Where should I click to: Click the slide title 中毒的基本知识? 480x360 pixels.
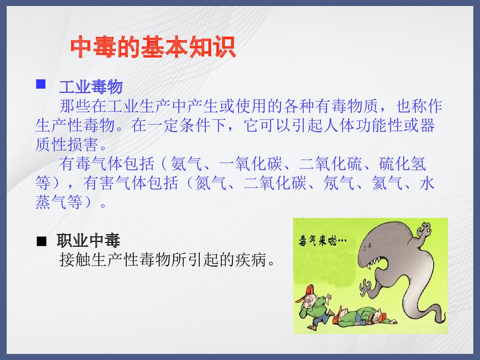click(x=153, y=48)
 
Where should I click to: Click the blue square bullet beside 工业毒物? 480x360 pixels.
click(x=41, y=84)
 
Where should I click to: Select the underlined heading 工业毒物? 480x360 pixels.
click(x=91, y=87)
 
